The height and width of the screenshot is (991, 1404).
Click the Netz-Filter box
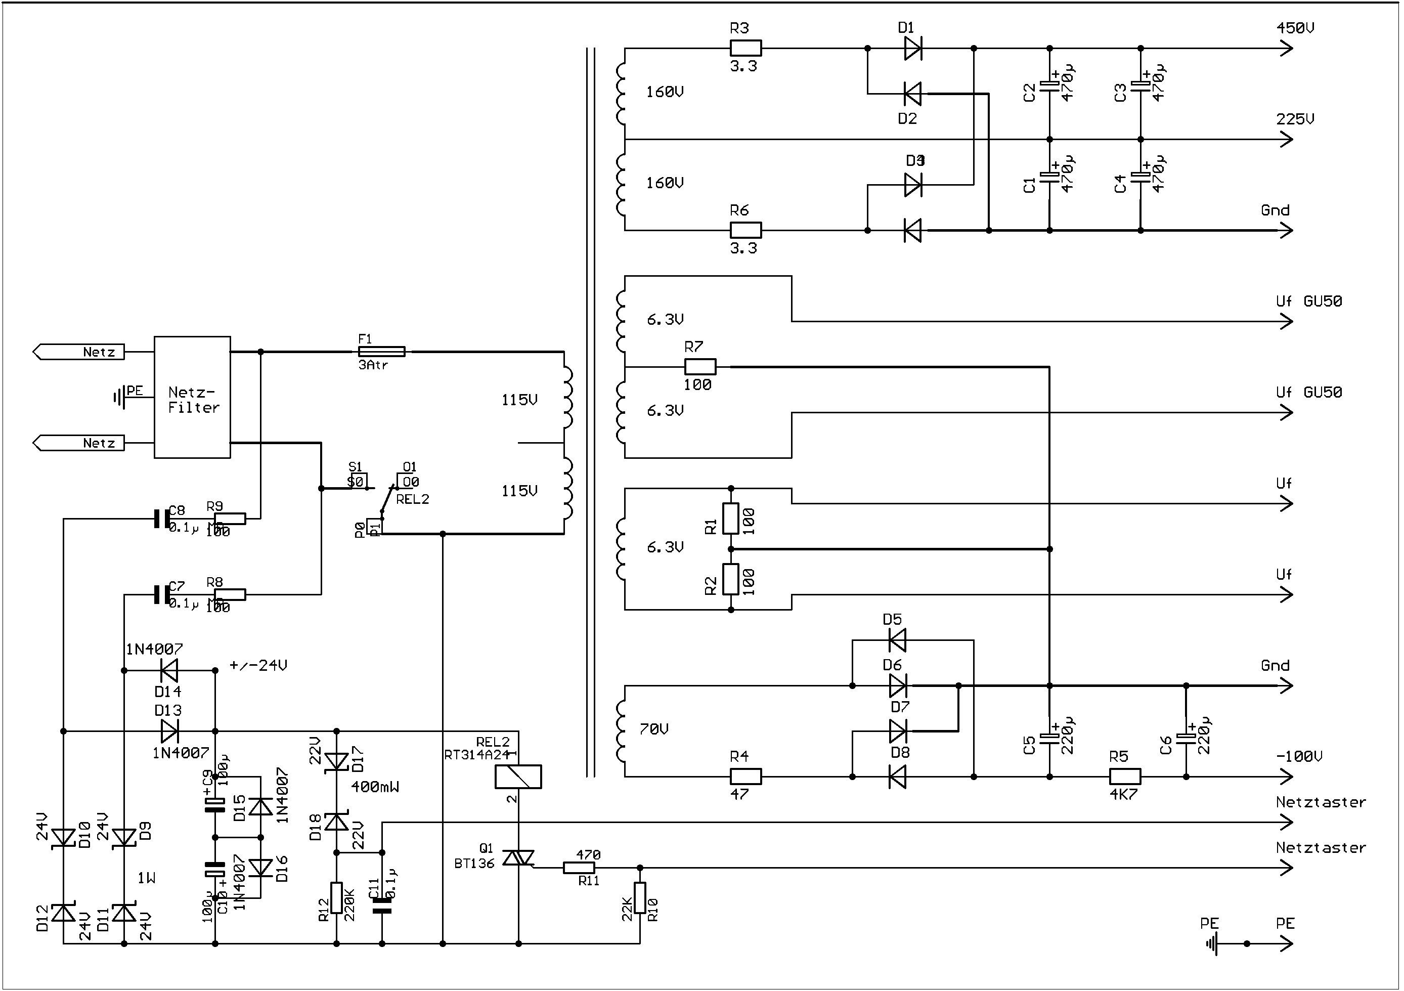point(192,397)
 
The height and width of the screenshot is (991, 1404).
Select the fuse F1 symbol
point(381,352)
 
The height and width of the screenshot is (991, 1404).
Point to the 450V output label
point(1295,28)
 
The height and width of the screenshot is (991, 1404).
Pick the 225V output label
point(1295,119)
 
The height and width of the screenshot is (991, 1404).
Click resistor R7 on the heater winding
point(699,367)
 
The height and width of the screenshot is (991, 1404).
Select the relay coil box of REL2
point(518,777)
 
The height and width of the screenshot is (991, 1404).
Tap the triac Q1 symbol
point(518,858)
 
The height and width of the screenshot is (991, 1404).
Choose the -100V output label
point(1299,757)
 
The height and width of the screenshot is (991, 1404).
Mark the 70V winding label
point(653,729)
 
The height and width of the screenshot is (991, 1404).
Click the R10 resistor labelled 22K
point(640,897)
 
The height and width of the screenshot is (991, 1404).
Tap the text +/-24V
point(258,666)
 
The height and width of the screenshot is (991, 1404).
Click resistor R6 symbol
point(745,230)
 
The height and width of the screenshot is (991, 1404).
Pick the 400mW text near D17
point(374,787)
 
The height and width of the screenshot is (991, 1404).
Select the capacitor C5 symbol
point(1049,739)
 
